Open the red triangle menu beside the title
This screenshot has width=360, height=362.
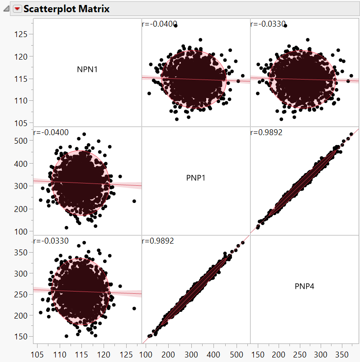(17, 9)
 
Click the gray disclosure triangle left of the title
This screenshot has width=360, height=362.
(6, 9)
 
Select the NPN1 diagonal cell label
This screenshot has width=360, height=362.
(87, 70)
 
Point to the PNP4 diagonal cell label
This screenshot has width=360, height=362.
(304, 286)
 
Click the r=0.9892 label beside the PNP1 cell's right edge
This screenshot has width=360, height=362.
(266, 132)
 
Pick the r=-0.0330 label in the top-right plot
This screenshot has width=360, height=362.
(267, 24)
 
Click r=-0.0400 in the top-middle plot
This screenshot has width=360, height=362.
(159, 24)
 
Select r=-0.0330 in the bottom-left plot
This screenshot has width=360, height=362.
(51, 241)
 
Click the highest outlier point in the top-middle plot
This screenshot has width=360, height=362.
(175, 26)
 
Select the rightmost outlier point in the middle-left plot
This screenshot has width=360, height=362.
(134, 201)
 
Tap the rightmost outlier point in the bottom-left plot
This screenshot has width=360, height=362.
(134, 308)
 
